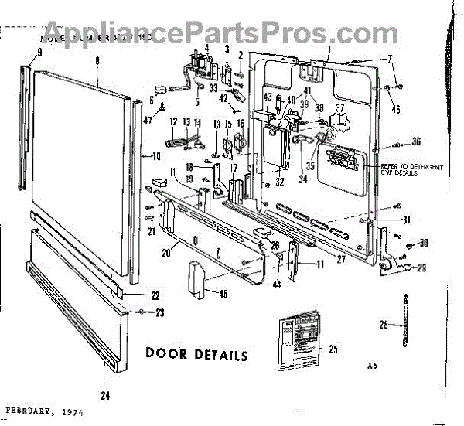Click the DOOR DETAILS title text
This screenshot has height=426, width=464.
click(x=196, y=355)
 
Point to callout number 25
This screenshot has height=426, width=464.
click(x=333, y=349)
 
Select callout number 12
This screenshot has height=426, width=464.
click(x=174, y=121)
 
